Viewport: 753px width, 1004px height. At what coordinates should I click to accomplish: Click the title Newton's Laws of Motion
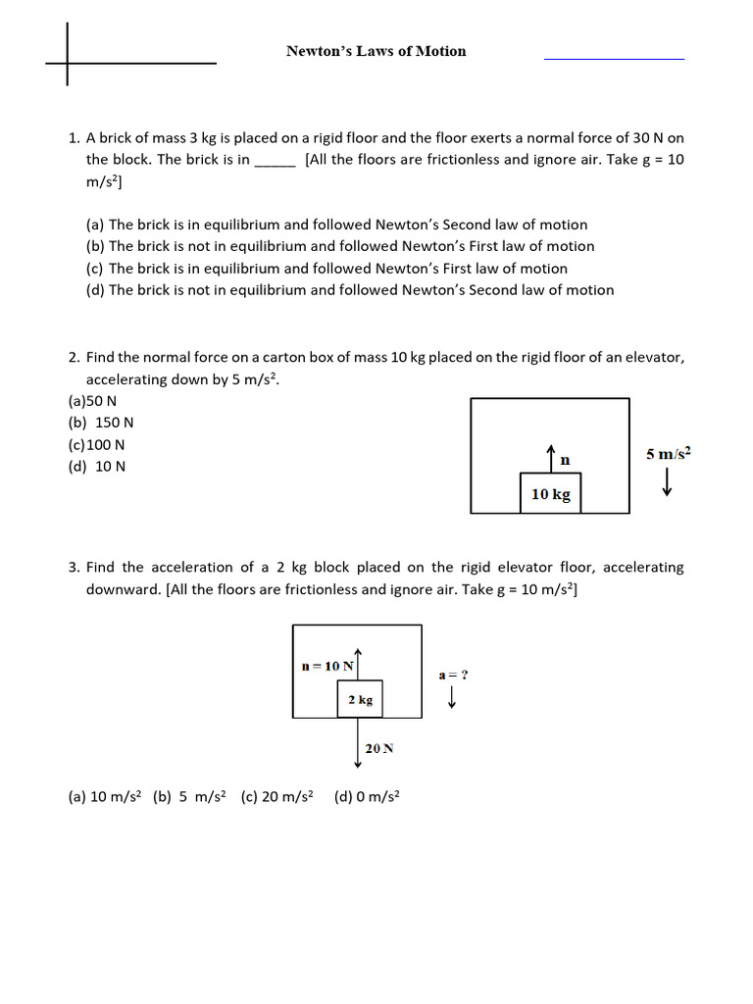click(376, 51)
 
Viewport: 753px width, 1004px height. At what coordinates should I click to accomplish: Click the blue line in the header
click(614, 59)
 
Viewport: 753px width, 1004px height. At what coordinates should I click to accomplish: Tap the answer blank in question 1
click(275, 161)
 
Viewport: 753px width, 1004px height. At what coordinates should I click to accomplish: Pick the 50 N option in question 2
click(92, 401)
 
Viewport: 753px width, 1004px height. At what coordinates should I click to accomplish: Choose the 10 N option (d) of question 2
click(97, 466)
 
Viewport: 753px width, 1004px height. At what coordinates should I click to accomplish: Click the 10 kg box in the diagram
click(550, 494)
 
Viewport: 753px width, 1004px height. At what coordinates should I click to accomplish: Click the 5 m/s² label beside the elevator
click(669, 453)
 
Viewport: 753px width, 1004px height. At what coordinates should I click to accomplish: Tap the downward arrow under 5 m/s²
click(668, 481)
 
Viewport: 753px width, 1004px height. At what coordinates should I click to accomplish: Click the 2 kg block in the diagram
click(360, 700)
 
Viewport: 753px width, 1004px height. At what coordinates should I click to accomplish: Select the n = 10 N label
click(326, 667)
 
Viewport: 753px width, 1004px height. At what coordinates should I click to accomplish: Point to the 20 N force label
click(379, 748)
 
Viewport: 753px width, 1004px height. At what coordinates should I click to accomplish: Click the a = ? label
click(453, 675)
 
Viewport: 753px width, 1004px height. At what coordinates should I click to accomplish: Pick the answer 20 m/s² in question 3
click(276, 797)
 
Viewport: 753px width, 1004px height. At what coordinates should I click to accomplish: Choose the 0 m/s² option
click(367, 797)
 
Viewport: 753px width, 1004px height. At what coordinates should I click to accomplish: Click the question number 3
click(74, 568)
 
